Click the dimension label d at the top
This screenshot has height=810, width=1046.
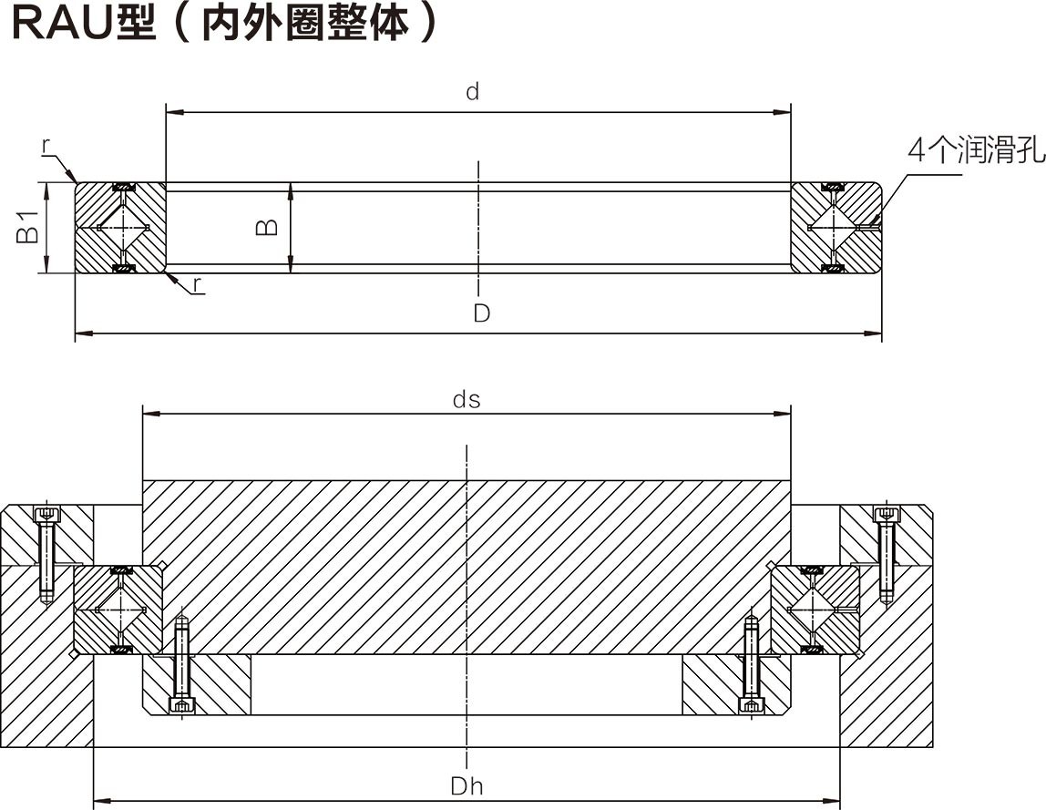point(472,91)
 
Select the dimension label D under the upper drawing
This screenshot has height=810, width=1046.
point(481,313)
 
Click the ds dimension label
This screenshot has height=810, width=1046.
point(467,399)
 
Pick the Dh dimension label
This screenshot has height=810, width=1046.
point(467,786)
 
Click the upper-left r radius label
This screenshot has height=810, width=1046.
point(46,145)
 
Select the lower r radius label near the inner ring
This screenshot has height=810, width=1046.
point(197,285)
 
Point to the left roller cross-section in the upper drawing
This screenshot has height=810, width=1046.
point(121,227)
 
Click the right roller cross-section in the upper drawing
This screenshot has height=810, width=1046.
point(833,227)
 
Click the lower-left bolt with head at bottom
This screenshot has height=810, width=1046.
point(182,665)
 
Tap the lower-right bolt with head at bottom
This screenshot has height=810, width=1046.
point(752,665)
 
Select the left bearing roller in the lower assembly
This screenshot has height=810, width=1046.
point(120,608)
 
